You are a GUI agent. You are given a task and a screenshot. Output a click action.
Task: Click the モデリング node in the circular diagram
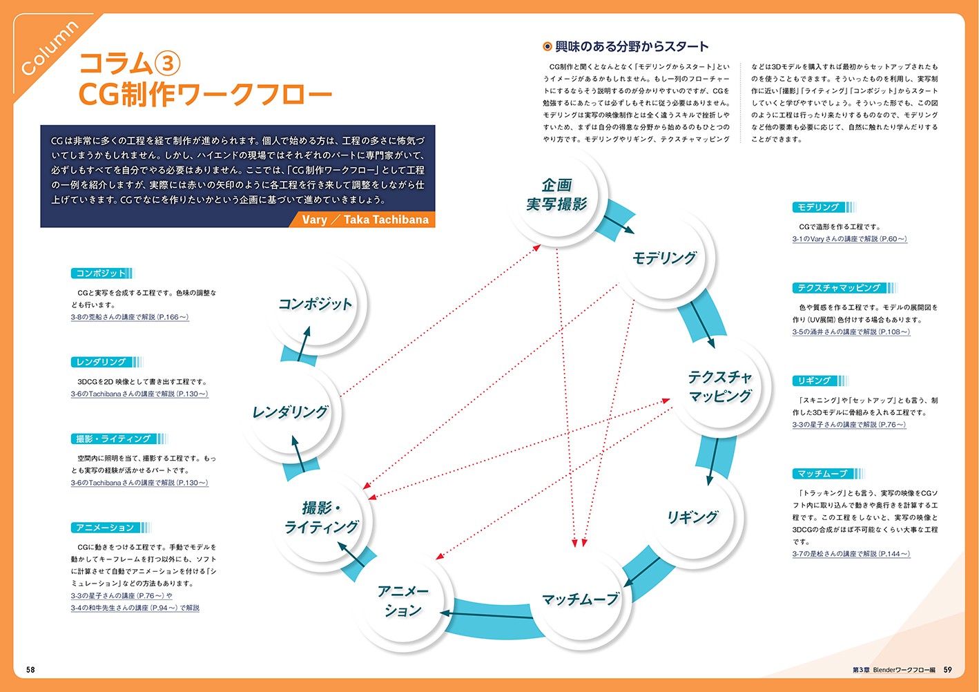coord(664,258)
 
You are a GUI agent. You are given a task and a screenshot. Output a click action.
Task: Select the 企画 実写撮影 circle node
coord(556,194)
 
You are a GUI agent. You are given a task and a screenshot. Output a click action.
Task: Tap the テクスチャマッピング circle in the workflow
coord(719,386)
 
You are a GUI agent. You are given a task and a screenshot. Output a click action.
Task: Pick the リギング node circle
coord(692,517)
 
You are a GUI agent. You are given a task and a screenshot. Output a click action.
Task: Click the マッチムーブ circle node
coord(580,599)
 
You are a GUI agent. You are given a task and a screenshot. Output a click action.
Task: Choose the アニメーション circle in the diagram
coord(403,601)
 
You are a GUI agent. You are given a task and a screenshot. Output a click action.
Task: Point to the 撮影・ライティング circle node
coord(322,517)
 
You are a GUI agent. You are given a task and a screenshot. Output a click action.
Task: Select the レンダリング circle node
coord(290,412)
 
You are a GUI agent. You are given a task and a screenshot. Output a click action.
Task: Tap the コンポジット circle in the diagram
coord(316,304)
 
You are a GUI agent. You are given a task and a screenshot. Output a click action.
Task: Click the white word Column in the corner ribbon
coord(50,48)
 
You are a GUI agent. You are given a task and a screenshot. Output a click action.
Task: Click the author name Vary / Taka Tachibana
coord(365,220)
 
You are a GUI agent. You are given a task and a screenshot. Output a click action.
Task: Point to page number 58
coord(30,669)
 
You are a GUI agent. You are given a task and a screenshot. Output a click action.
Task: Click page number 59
coord(948,669)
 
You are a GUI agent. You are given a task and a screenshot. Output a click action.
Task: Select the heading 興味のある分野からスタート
coord(632,46)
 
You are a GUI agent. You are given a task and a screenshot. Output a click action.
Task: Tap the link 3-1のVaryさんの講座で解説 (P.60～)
coord(849,239)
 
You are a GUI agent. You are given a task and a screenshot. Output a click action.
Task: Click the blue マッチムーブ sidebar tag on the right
coord(822,474)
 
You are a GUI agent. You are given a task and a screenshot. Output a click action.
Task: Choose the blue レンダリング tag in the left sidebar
coord(101,362)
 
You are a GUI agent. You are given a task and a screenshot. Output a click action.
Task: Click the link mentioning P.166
coord(130,317)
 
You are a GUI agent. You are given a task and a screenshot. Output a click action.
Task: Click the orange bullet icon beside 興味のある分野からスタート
coord(547,46)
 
